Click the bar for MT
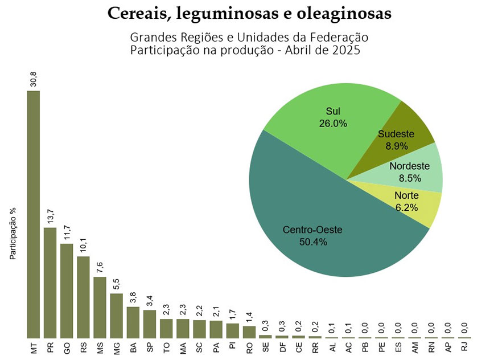pyautogui.click(x=34, y=214)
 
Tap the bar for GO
pyautogui.click(x=67, y=291)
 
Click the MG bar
pyautogui.click(x=116, y=316)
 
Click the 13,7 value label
pyautogui.click(x=50, y=218)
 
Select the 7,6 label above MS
pyautogui.click(x=100, y=267)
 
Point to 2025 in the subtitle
pyautogui.click(x=347, y=50)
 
